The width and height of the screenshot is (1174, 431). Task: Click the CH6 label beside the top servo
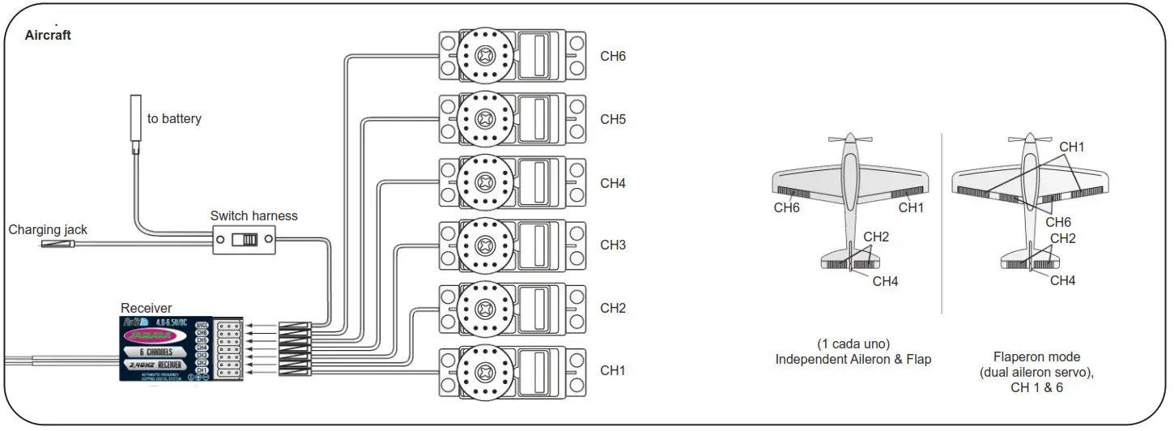point(612,56)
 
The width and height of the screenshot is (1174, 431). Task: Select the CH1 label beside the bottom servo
point(612,370)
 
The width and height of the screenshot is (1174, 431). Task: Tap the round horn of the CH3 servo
point(485,245)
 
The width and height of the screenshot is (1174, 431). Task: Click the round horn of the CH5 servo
point(485,118)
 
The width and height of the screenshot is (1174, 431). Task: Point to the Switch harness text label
point(253,215)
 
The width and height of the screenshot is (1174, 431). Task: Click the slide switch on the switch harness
point(244,241)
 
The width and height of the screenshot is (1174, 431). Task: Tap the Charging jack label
point(48,230)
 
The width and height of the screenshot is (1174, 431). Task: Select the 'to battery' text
point(174,119)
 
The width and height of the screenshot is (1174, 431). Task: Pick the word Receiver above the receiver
point(146,308)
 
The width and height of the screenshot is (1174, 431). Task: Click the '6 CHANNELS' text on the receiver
point(155,352)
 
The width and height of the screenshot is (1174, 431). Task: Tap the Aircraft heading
point(48,35)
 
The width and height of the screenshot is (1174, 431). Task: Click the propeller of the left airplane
point(849,139)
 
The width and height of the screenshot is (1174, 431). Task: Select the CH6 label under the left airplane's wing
point(786,207)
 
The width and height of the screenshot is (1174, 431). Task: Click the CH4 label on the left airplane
point(885,281)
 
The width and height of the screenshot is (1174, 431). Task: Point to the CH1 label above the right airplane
point(1071,147)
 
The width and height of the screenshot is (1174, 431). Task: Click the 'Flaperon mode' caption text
point(1036,356)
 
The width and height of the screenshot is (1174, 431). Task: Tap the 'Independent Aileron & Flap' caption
point(853,359)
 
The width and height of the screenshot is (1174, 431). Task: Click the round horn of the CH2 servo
point(485,308)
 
